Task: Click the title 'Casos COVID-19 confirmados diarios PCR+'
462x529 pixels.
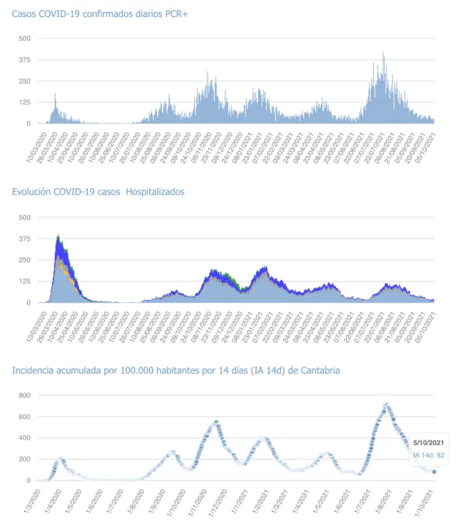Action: coord(100,15)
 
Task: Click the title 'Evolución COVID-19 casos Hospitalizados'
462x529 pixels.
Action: coord(98,192)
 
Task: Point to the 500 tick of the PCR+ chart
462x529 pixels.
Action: coord(25,38)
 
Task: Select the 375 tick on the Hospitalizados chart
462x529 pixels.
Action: coord(25,239)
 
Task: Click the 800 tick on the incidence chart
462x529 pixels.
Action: coord(25,395)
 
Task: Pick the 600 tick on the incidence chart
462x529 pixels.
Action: coord(25,417)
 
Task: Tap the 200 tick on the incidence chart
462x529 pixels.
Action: coord(25,459)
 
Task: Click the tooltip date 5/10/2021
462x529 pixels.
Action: coord(428,442)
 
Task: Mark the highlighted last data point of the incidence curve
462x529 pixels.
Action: coord(434,472)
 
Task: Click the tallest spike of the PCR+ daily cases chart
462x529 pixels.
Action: coord(383,54)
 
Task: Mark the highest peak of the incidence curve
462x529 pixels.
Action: coord(386,404)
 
